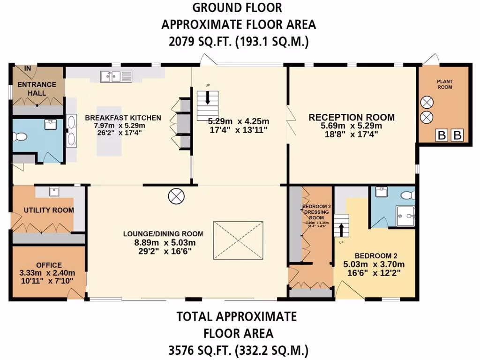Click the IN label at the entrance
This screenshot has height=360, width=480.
tap(28, 68)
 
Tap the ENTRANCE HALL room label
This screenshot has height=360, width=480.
tap(37, 89)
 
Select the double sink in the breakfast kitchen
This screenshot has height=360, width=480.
tap(116, 75)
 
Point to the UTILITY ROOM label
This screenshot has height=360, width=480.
tap(49, 210)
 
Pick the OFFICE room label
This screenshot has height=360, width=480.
tap(49, 265)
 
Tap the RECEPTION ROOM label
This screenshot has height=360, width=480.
tap(352, 117)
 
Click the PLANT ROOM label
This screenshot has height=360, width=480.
tap(444, 83)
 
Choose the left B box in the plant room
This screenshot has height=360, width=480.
tap(442, 136)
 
